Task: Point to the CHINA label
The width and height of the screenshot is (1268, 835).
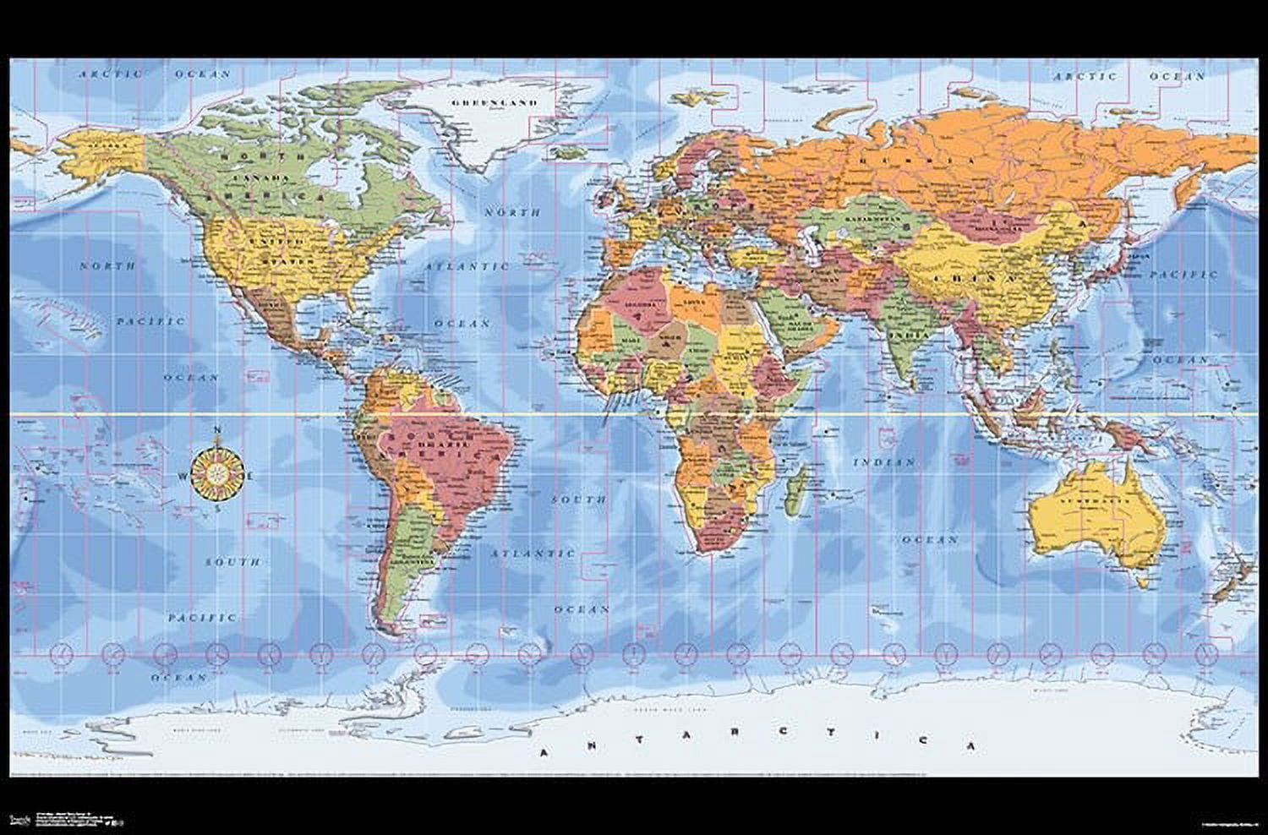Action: coord(975,276)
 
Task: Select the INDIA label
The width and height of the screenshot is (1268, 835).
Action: coord(908,335)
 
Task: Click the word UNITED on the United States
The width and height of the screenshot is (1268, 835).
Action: coord(280,242)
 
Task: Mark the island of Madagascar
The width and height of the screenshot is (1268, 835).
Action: coord(794,494)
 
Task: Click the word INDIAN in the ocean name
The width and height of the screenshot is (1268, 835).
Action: coord(884,462)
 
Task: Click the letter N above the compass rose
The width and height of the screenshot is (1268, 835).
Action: coord(218,431)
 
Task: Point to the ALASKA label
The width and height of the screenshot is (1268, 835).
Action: coord(108,145)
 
